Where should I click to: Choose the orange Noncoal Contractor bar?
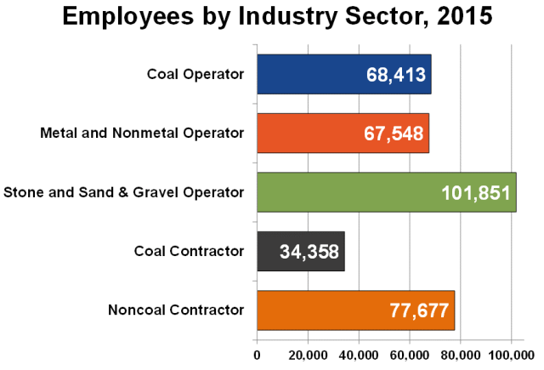coord(323,310)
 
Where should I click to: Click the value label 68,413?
coord(395,75)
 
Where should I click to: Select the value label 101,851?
coord(476,193)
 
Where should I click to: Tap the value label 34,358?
coord(309,252)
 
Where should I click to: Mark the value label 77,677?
coord(418,310)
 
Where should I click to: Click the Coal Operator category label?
coord(195,74)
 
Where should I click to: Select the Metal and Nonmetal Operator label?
coord(143,133)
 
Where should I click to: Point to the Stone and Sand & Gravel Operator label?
coord(124,192)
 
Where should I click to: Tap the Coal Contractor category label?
coord(190,251)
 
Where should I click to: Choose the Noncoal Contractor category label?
coord(176,310)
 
